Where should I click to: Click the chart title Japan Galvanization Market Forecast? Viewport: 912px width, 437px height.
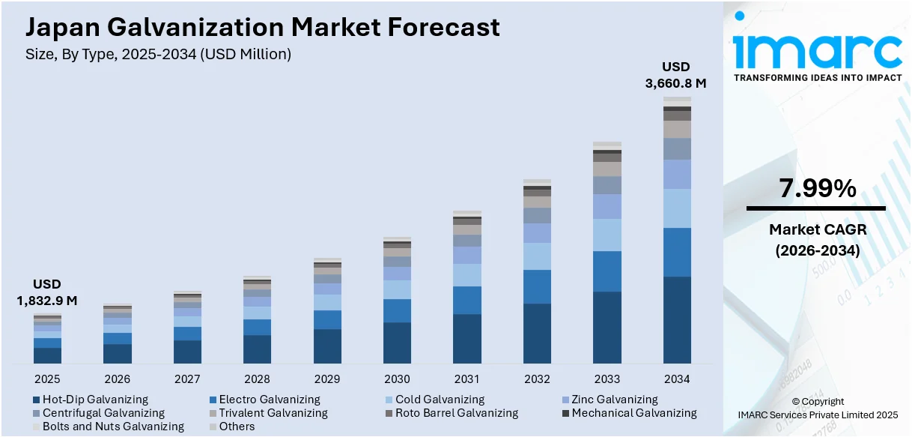pyautogui.click(x=262, y=27)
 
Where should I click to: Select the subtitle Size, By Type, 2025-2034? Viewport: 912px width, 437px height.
pyautogui.click(x=158, y=54)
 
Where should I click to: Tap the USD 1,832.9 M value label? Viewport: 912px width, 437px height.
pyautogui.click(x=47, y=292)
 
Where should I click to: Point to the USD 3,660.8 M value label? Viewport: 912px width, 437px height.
pyautogui.click(x=675, y=75)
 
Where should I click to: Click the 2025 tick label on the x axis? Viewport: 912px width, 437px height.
pyautogui.click(x=47, y=379)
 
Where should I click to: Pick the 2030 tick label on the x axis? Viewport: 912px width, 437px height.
pyautogui.click(x=397, y=379)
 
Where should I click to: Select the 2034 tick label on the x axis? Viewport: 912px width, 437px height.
pyautogui.click(x=677, y=379)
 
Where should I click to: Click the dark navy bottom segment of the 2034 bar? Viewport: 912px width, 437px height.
pyautogui.click(x=677, y=320)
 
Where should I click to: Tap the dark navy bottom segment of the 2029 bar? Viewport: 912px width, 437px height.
pyautogui.click(x=327, y=346)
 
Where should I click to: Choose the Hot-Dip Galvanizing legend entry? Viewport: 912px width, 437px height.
pyautogui.click(x=90, y=400)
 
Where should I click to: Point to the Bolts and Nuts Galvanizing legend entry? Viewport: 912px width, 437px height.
pyautogui.click(x=108, y=427)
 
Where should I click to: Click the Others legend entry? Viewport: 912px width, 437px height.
pyautogui.click(x=231, y=427)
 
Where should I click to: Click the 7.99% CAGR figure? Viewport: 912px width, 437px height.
pyautogui.click(x=817, y=190)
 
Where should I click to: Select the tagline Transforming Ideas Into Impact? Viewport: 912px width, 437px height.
pyautogui.click(x=817, y=78)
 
